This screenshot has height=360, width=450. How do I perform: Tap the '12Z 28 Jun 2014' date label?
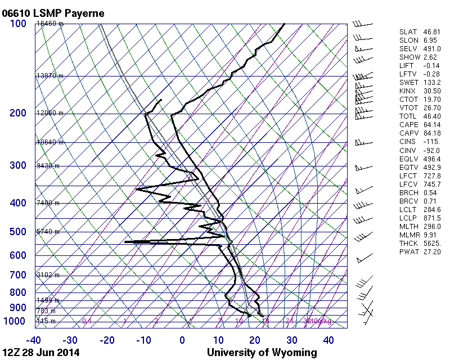(x=40, y=353)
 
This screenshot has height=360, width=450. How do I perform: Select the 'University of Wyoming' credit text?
(x=262, y=353)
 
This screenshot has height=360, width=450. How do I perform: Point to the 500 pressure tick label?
(x=17, y=232)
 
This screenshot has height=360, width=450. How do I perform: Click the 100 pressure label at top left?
(x=17, y=24)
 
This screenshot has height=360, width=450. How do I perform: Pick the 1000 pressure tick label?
(x=15, y=321)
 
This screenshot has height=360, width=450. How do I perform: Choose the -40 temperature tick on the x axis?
(x=34, y=340)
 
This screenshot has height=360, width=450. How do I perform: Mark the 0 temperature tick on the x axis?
(x=182, y=340)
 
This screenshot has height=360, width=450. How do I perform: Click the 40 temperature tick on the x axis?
(x=328, y=340)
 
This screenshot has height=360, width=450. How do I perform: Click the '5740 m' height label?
(x=48, y=232)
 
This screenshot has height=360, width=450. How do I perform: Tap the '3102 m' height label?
(x=48, y=275)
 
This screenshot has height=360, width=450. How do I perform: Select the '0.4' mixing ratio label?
(x=87, y=321)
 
